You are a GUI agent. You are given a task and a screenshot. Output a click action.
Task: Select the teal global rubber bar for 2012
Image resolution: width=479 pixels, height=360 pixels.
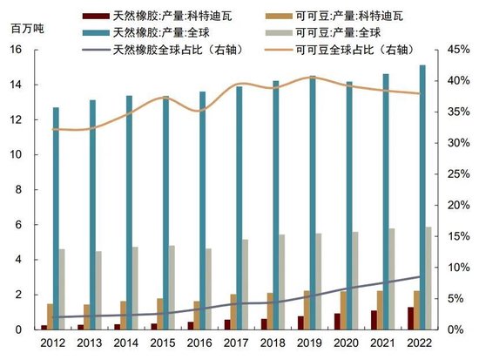pos(56,218)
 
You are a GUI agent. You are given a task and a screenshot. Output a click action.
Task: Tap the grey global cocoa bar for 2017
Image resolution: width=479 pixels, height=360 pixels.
pos(245,284)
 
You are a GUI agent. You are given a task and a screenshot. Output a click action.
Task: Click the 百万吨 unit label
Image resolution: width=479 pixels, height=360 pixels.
pos(28,29)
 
